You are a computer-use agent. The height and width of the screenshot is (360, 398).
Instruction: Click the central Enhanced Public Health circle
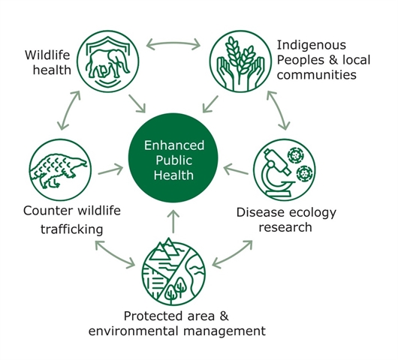pyautogui.click(x=173, y=157)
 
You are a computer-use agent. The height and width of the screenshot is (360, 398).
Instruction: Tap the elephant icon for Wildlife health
pyautogui.click(x=108, y=61)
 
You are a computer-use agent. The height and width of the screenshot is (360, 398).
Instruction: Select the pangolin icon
pyautogui.click(x=60, y=169)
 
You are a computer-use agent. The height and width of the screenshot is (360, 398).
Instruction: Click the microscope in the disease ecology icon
pyautogui.click(x=276, y=172)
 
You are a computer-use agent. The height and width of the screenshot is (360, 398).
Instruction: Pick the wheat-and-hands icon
pyautogui.click(x=240, y=61)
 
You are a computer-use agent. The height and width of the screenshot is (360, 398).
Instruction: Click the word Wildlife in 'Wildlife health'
pyautogui.click(x=47, y=55)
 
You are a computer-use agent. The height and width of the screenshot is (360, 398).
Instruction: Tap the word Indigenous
pyautogui.click(x=312, y=46)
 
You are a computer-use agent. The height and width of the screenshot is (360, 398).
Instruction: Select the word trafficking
pyautogui.click(x=72, y=229)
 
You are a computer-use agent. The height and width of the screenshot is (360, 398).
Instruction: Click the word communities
pyautogui.click(x=316, y=75)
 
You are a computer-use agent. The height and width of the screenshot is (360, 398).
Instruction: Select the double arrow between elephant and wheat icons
pyautogui.click(x=173, y=43)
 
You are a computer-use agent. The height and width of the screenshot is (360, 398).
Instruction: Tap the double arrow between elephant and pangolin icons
pyautogui.click(x=68, y=110)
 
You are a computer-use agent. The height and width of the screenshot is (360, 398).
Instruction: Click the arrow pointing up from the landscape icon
pyautogui.click(x=173, y=221)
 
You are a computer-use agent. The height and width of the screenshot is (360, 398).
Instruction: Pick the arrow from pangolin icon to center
pyautogui.click(x=110, y=169)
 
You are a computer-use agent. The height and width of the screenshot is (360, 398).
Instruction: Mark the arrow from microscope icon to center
pyautogui.click(x=236, y=169)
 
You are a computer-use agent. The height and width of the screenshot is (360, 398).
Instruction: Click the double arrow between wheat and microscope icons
pyautogui.click(x=279, y=110)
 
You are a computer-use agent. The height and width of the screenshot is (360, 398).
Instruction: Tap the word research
pyautogui.click(x=285, y=227)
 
